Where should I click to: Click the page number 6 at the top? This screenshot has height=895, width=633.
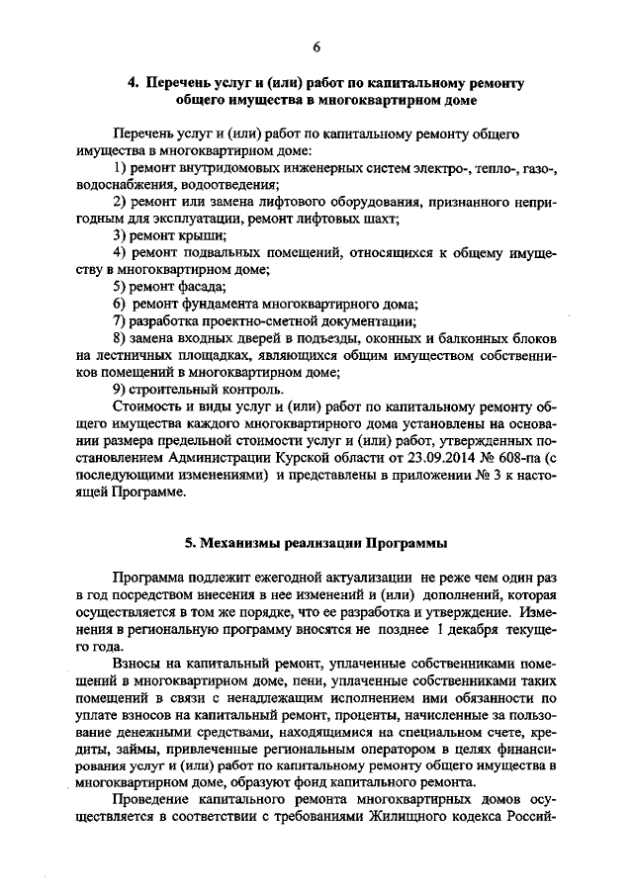316,45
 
